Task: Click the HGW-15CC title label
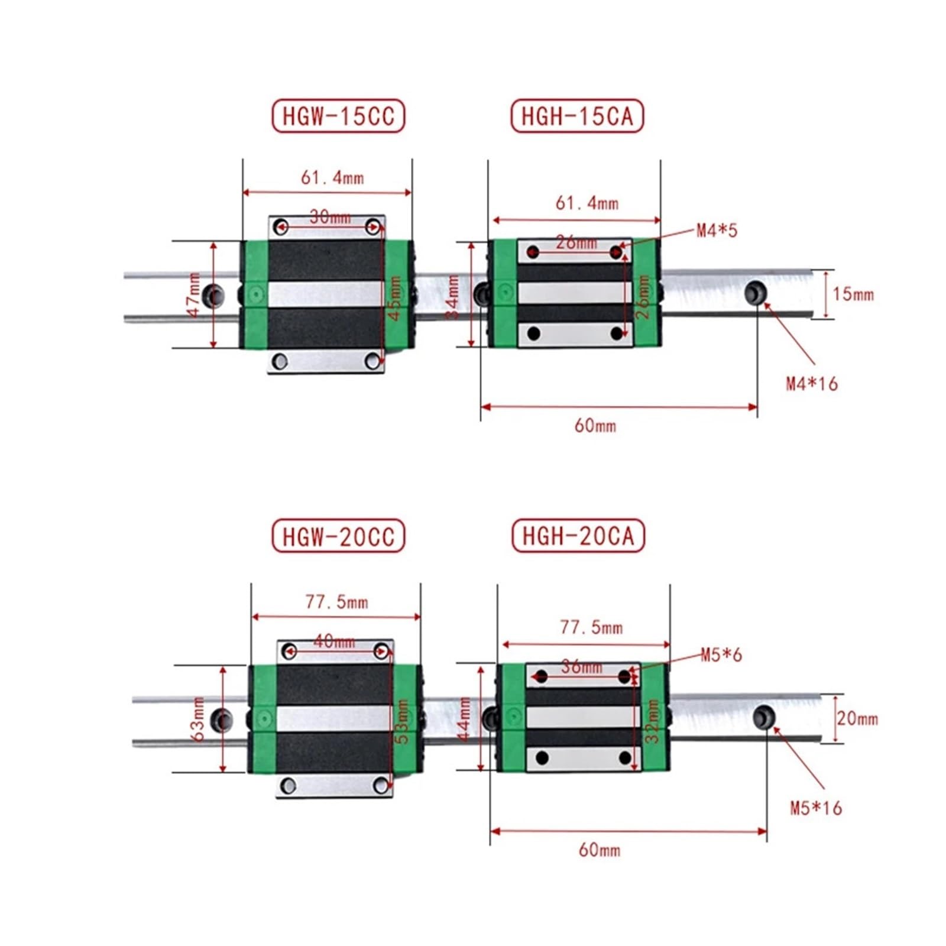click(x=338, y=116)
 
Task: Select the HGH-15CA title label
click(x=576, y=116)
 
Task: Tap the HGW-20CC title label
click(x=338, y=536)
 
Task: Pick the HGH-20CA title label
click(x=578, y=536)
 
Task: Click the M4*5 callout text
click(x=717, y=231)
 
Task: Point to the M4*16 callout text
click(x=811, y=384)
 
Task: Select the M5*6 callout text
click(x=721, y=655)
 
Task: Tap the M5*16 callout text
click(x=815, y=808)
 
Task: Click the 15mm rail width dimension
click(x=853, y=294)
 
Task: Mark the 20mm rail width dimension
click(x=857, y=718)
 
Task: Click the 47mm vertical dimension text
click(x=194, y=294)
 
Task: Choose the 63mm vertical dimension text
click(x=199, y=718)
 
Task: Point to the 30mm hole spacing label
click(x=330, y=217)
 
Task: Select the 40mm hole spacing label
click(x=334, y=642)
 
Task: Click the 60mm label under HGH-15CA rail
click(x=595, y=426)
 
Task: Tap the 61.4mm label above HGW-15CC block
click(x=332, y=177)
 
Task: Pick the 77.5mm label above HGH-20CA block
click(x=591, y=627)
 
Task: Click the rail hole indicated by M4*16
click(x=755, y=292)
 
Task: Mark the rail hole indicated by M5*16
click(x=764, y=717)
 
